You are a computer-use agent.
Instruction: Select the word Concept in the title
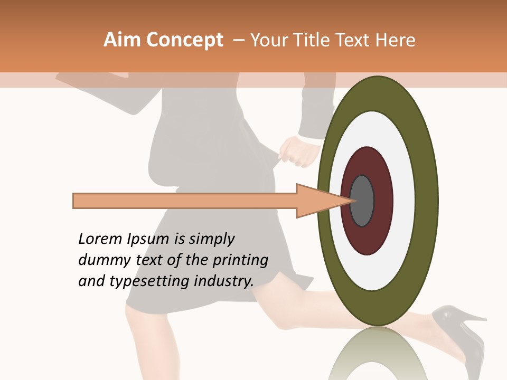click(184, 40)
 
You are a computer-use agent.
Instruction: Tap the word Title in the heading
click(314, 40)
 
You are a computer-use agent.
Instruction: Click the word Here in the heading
click(395, 40)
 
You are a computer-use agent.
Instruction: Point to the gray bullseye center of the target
click(362, 201)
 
